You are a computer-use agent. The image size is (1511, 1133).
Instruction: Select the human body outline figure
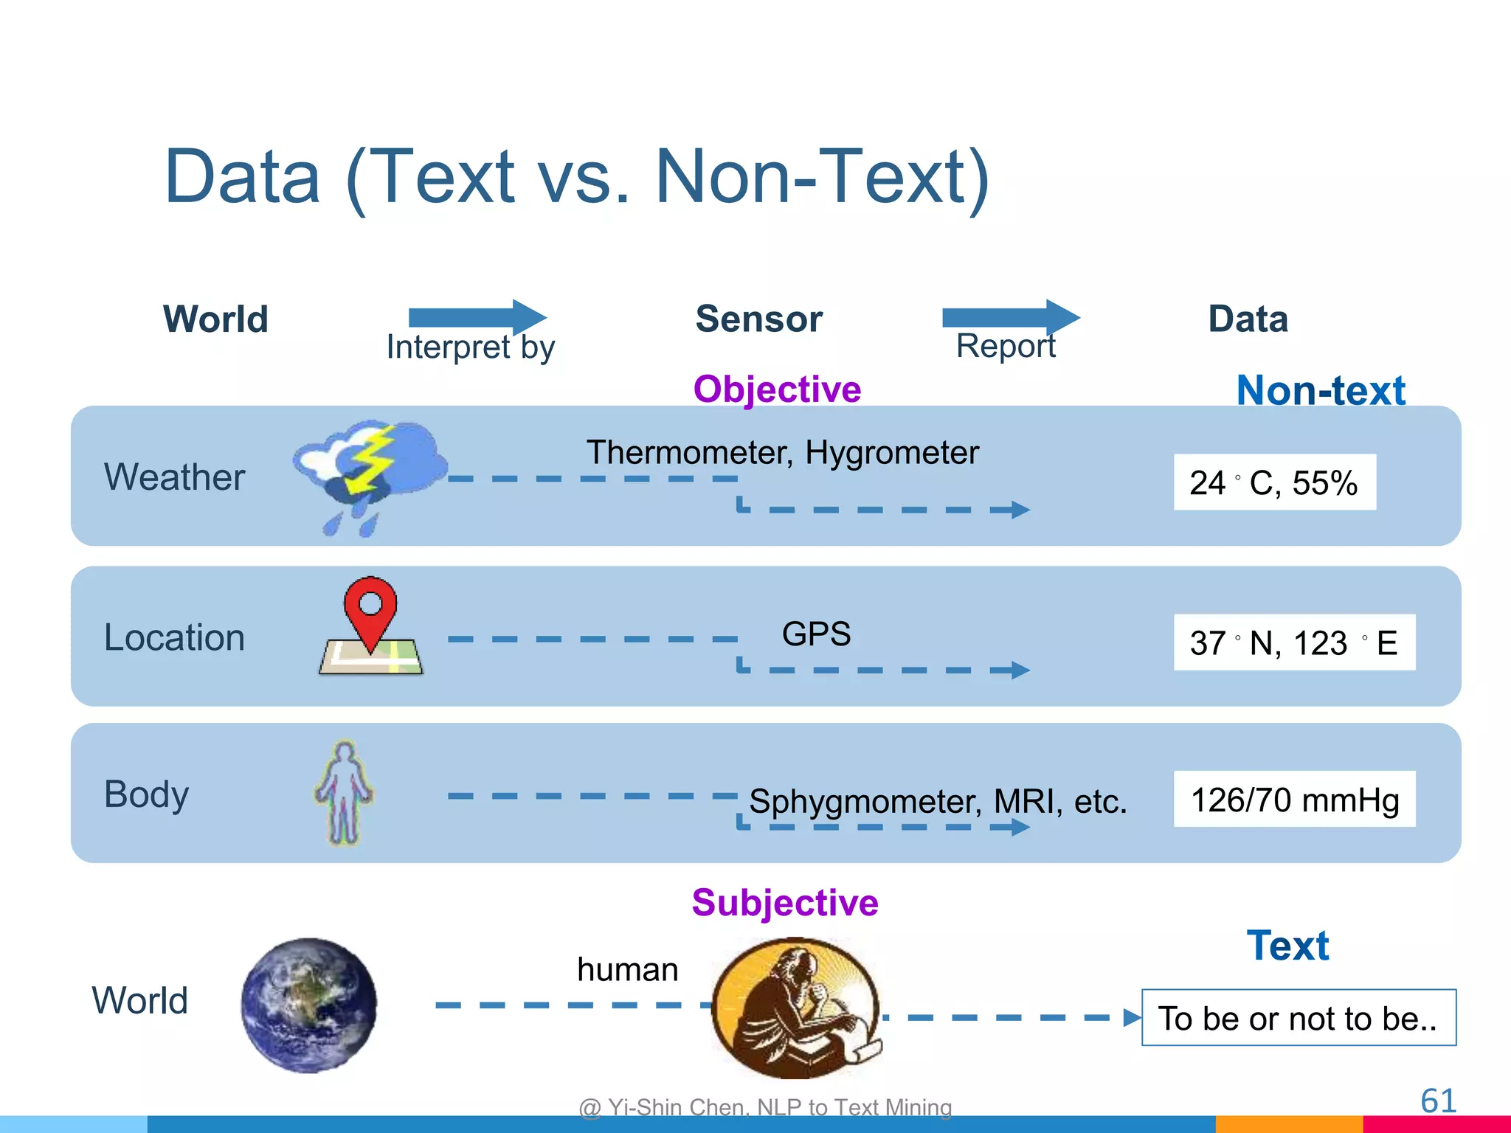344,792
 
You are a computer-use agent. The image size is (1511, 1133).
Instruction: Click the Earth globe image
309,1005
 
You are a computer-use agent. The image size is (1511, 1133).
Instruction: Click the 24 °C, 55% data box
1274,482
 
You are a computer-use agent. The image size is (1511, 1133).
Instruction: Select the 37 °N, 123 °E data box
1294,642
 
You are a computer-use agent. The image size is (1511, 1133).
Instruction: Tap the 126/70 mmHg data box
1294,800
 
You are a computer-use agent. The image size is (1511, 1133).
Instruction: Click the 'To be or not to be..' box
1299,1018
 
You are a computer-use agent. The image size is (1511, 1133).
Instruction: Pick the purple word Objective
777,389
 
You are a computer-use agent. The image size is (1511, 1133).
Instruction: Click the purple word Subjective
785,902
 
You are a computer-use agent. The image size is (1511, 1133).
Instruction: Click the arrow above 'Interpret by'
477,317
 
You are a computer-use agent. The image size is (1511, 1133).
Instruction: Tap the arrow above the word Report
1011,317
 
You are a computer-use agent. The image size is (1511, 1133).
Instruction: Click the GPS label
816,634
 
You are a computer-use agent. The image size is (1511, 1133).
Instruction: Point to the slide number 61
1438,1101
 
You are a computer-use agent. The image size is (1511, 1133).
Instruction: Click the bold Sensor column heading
758,319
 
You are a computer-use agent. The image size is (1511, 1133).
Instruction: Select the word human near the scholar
627,969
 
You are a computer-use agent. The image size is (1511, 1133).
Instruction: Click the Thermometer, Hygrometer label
782,452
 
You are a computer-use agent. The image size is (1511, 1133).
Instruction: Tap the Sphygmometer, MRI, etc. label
938,801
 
